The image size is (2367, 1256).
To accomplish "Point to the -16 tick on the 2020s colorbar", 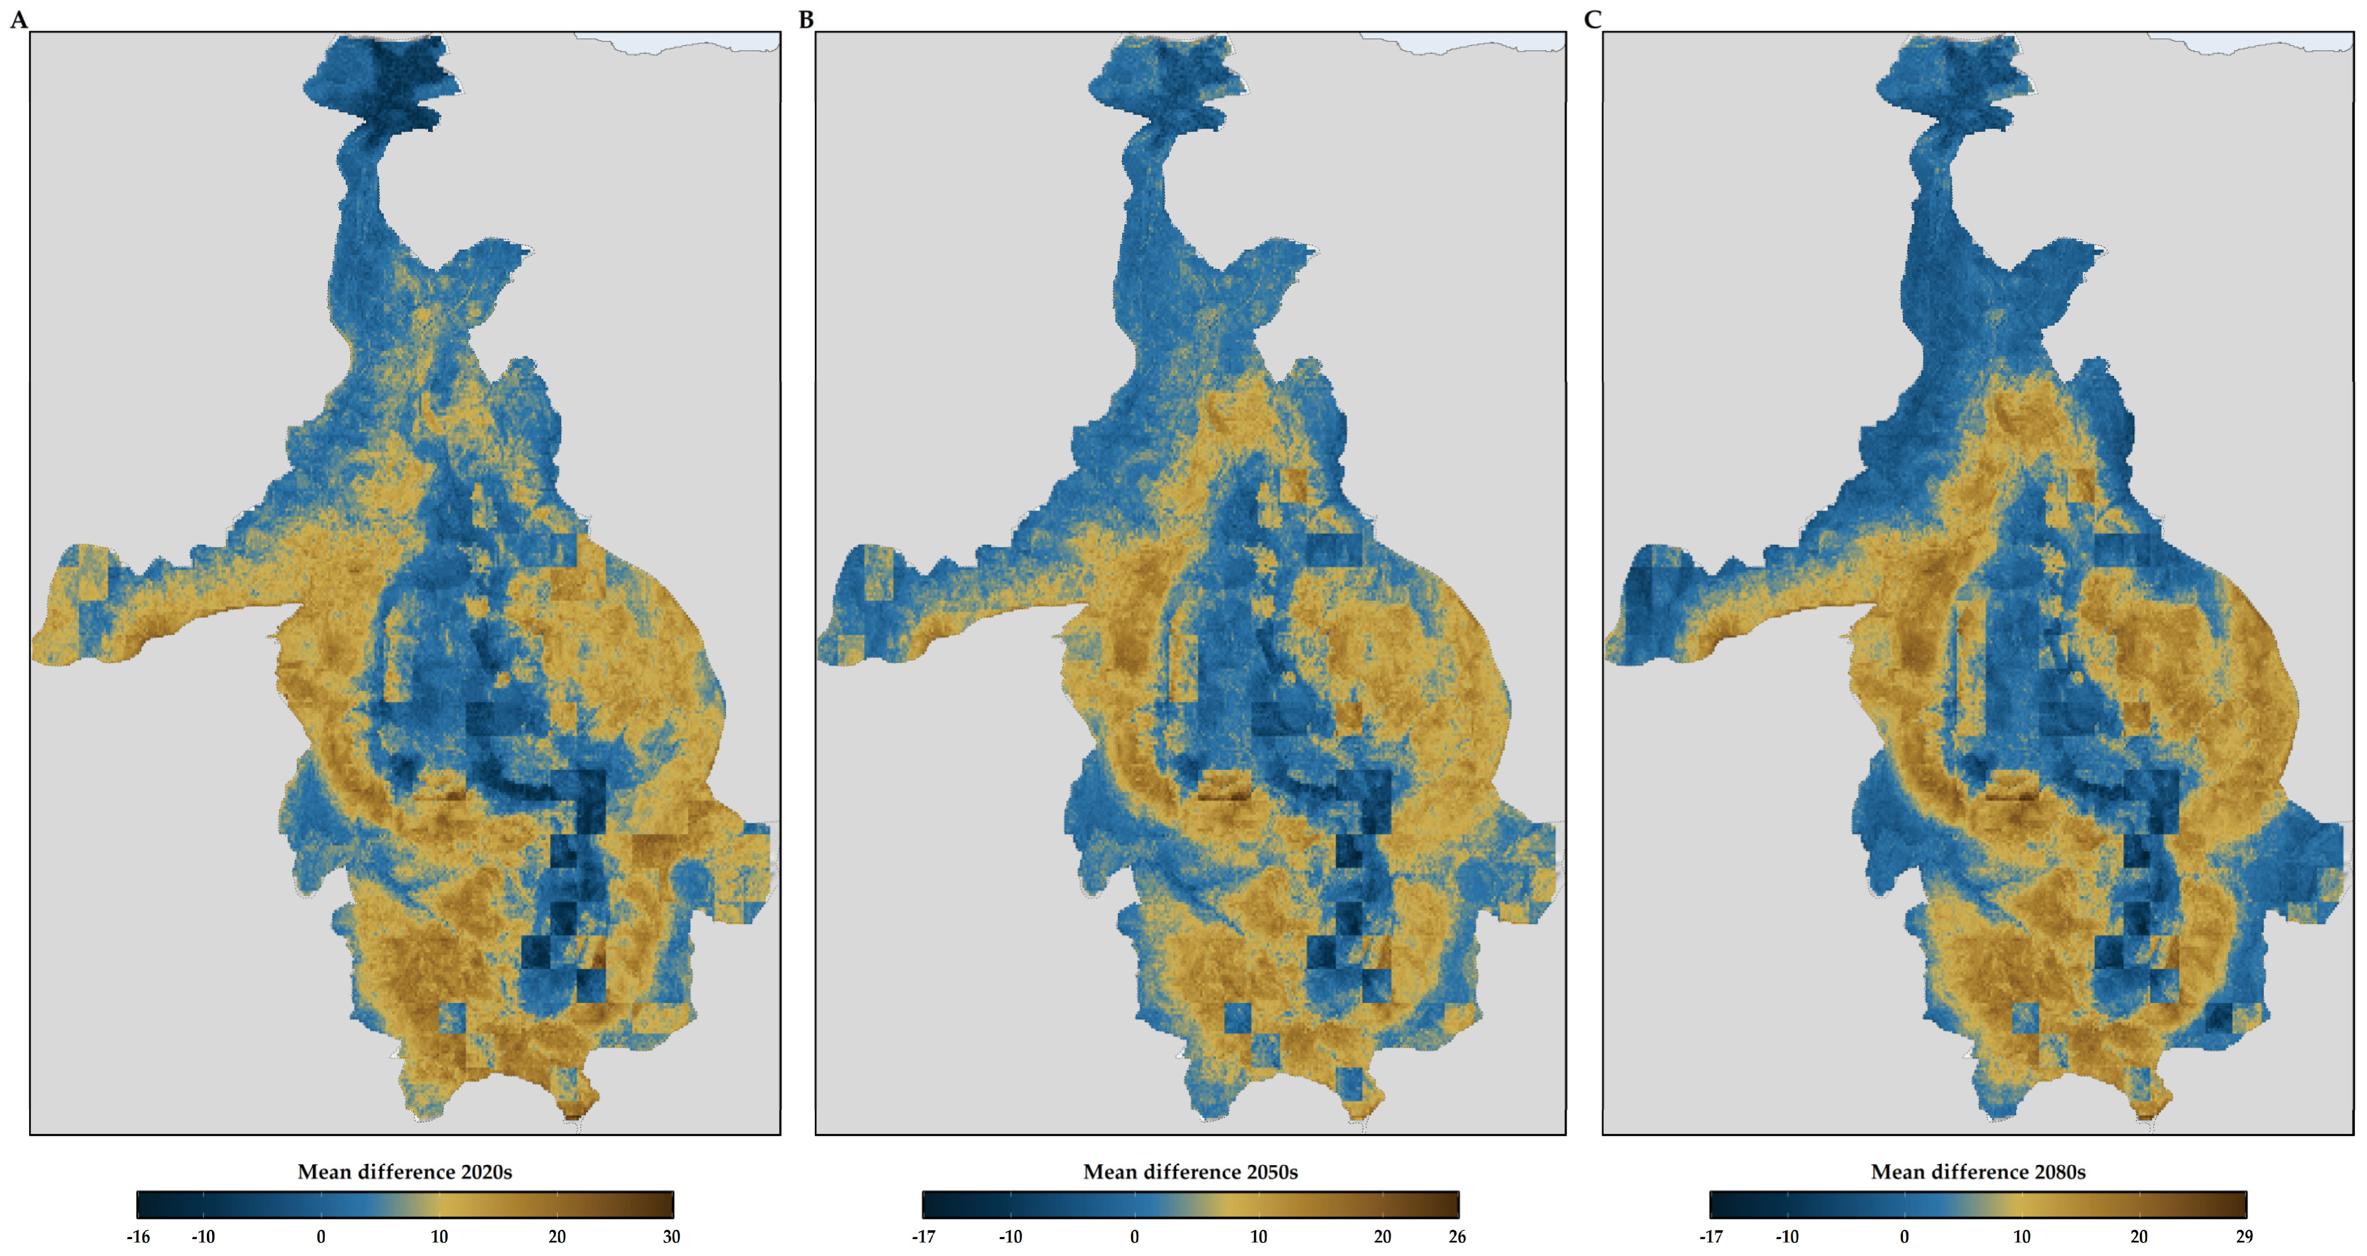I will tap(138, 1237).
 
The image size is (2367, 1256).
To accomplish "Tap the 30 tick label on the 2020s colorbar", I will tap(672, 1237).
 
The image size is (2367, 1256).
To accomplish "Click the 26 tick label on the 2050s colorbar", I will tap(1457, 1237).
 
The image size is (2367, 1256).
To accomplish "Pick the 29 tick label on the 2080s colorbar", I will tap(2244, 1237).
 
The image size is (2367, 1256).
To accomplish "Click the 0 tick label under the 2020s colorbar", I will tap(321, 1237).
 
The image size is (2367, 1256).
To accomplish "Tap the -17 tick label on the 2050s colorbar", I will tap(924, 1237).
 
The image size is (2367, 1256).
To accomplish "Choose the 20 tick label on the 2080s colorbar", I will tap(2139, 1237).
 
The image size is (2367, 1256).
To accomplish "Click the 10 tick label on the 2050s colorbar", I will tap(1259, 1237).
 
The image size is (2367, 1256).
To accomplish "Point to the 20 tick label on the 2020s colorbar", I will tap(557, 1237).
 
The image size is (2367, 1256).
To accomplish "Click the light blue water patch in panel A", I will tap(698, 41).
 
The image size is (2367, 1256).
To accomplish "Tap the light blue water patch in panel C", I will tap(2269, 41).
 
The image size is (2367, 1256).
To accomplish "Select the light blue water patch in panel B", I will tap(1484, 41).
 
